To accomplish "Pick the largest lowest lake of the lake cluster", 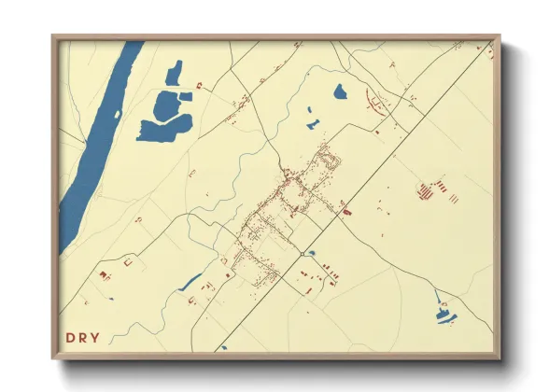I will [x=161, y=130].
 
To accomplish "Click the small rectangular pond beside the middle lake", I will [x=186, y=96].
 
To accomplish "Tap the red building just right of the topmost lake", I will [x=200, y=83].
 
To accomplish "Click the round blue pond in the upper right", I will [x=340, y=91].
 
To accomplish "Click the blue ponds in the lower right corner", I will [x=444, y=313].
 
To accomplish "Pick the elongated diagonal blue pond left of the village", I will [x=190, y=281].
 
